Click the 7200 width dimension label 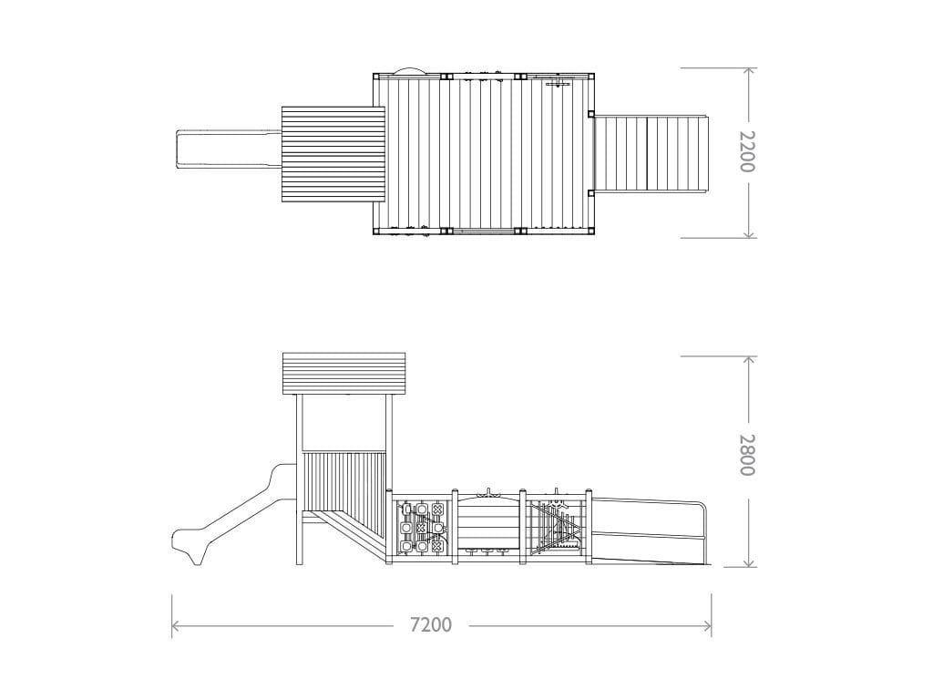pos(431,625)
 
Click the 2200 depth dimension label pos(747,152)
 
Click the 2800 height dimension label pos(747,455)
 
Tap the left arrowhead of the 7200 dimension pos(176,625)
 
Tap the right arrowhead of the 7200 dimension pos(707,625)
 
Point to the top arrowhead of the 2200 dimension pos(750,71)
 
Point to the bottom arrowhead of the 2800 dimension pos(750,561)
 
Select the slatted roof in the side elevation pos(343,374)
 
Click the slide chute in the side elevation pos(232,516)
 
